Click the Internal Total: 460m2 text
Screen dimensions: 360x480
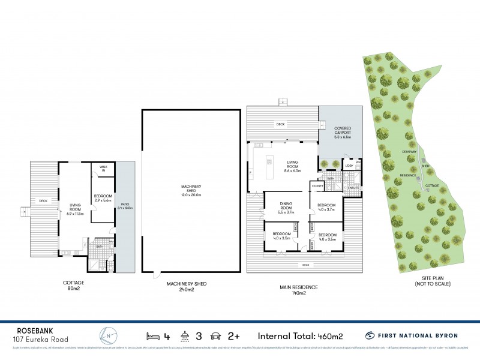click(x=296, y=336)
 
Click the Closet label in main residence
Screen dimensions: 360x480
click(x=318, y=187)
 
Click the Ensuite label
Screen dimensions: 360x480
click(x=353, y=188)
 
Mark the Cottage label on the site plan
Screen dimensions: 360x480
click(x=432, y=185)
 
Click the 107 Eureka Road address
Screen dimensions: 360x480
click(x=41, y=340)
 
